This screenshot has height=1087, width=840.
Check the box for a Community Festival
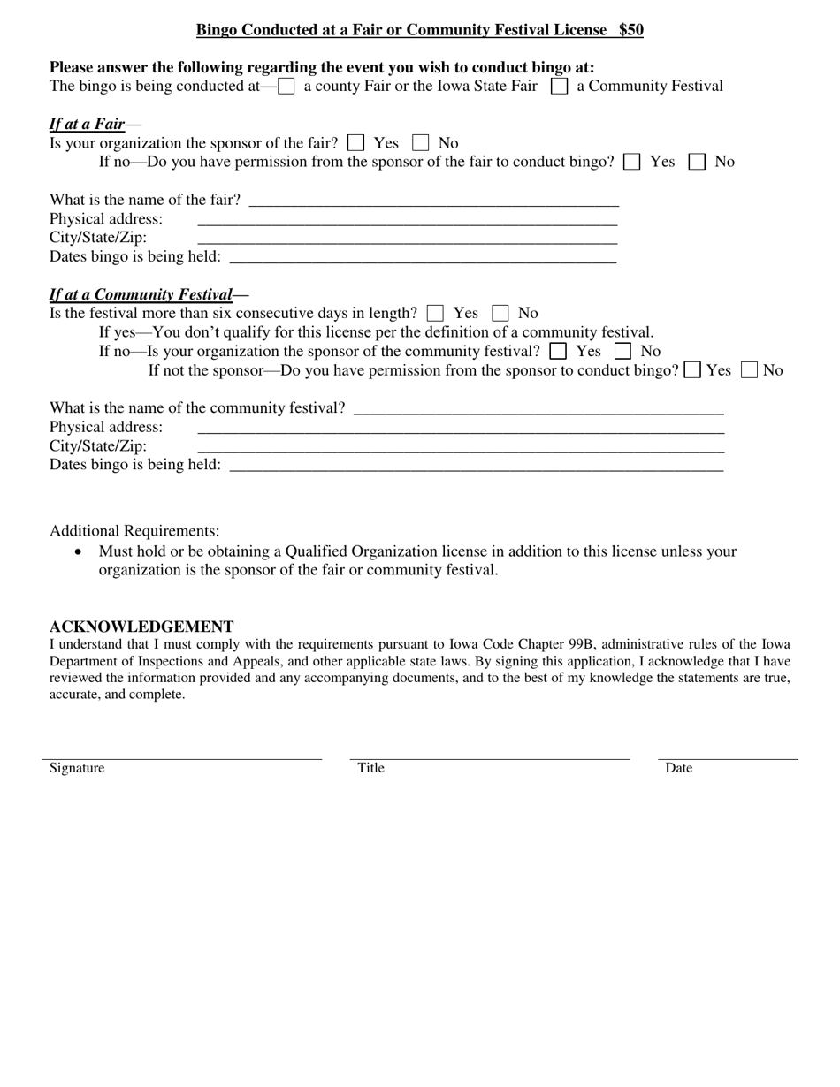pyautogui.click(x=559, y=87)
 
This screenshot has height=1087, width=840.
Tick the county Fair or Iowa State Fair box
pyautogui.click(x=286, y=87)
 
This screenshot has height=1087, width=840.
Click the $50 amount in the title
pyautogui.click(x=630, y=30)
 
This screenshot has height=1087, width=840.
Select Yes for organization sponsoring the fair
pyautogui.click(x=356, y=143)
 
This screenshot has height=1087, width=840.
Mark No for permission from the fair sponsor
pyautogui.click(x=697, y=162)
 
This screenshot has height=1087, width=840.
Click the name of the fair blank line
pyautogui.click(x=433, y=201)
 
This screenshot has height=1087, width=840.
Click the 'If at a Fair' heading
pyautogui.click(x=87, y=125)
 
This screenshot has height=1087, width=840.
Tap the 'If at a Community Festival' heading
pyautogui.click(x=141, y=294)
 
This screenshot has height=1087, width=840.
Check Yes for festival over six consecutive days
pyautogui.click(x=435, y=313)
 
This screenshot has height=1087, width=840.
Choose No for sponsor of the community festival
pyautogui.click(x=622, y=351)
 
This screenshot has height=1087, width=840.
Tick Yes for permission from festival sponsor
pyautogui.click(x=694, y=370)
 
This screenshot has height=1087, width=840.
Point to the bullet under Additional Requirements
pyautogui.click(x=80, y=551)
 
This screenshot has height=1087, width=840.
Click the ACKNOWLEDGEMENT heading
pyautogui.click(x=141, y=627)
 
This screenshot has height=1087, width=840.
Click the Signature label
pyautogui.click(x=77, y=768)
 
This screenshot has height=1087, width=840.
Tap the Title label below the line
pyautogui.click(x=370, y=768)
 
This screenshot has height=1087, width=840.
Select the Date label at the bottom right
pyautogui.click(x=678, y=768)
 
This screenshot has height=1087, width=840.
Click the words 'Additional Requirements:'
pyautogui.click(x=134, y=531)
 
